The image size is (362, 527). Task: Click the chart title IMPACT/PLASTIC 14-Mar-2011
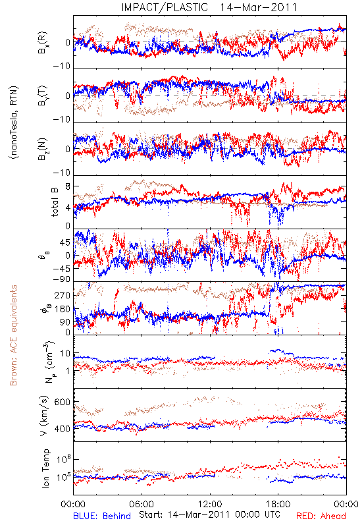pos(209,7)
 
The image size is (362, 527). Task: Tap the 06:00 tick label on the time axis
pos(142,504)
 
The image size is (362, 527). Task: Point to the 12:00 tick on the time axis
pos(210,504)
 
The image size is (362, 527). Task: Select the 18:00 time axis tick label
pos(278,504)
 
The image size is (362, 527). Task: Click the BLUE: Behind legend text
pos(102,516)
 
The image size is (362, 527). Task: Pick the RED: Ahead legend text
pos(321,516)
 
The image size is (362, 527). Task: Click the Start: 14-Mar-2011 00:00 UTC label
pos(209,514)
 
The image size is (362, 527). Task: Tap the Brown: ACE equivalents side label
pos(13,335)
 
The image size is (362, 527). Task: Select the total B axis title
pos(55,202)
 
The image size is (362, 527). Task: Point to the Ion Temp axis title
pos(45,468)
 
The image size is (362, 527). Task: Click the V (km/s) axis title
pos(45,416)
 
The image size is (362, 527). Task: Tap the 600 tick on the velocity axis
pos(62,402)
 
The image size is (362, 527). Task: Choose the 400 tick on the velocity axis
pos(62,429)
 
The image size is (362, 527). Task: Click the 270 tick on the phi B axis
pos(63,295)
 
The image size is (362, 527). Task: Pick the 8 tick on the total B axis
pos(68,186)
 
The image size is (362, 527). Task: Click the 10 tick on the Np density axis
pos(65,354)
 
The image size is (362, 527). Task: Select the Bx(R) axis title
pos(43,43)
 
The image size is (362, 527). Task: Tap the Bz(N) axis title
pos(43,149)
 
